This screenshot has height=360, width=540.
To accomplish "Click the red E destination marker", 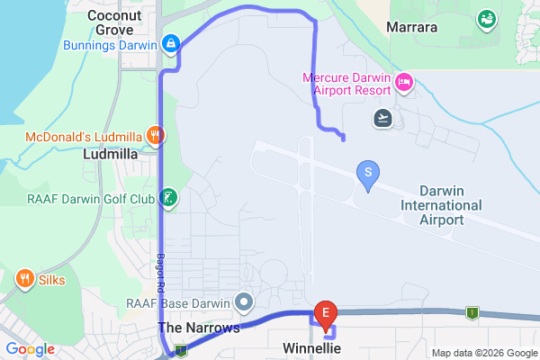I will point(325,313).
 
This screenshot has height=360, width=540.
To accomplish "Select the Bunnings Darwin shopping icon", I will point(171,42).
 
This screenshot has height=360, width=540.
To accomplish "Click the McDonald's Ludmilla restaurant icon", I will point(156,136).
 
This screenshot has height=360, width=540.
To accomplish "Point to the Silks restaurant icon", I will point(24,279).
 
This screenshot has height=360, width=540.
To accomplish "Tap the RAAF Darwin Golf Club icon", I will point(168,198).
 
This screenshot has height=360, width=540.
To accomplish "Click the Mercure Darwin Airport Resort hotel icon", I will point(403,85).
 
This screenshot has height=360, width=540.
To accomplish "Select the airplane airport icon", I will point(383,117).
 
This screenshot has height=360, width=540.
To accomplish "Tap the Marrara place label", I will point(411,28).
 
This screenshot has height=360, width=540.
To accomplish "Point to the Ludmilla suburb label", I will point(109,154).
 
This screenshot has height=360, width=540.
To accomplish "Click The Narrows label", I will point(199,328).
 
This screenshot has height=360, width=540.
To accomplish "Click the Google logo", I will point(29,349).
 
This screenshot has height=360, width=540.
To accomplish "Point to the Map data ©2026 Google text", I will point(483,352).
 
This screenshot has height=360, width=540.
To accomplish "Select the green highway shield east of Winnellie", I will point(469,311).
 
